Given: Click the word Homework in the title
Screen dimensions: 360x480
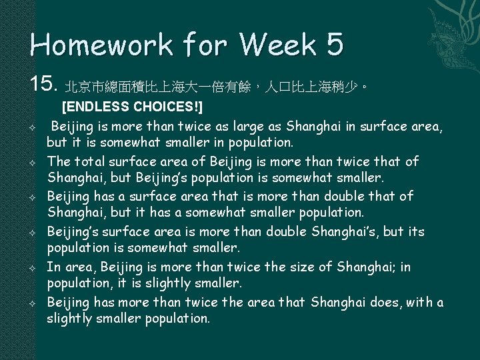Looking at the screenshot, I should tap(83, 45).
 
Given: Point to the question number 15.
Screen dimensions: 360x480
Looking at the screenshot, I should tap(44, 85).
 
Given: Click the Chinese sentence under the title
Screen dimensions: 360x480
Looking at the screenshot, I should tap(217, 87).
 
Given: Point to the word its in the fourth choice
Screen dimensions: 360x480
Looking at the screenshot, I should tap(415, 231).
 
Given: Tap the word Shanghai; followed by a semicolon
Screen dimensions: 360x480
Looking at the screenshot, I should tap(368, 267).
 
